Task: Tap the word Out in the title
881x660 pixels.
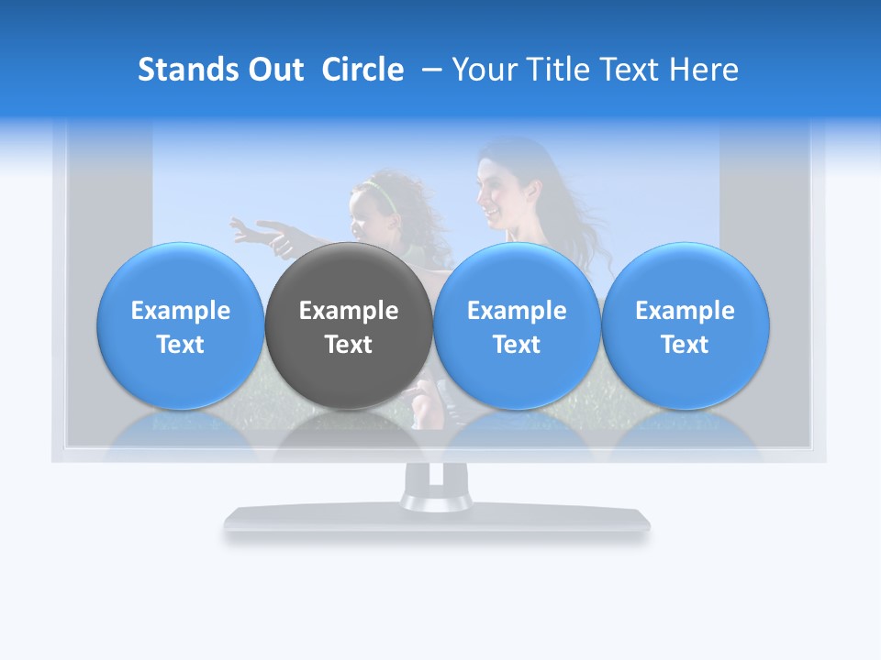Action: click(273, 70)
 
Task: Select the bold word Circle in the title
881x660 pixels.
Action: click(362, 70)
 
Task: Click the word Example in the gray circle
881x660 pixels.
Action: click(349, 311)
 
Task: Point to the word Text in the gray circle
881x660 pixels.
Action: click(349, 345)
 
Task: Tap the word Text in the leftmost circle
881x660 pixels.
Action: click(181, 345)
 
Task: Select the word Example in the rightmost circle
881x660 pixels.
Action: click(685, 311)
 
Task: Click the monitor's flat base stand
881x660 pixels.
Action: click(437, 521)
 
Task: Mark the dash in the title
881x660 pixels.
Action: click(428, 70)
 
